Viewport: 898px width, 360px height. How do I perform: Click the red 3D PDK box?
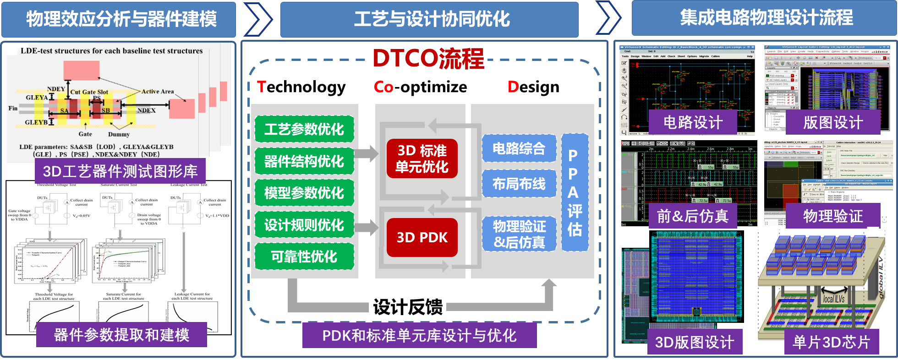(x=422, y=237)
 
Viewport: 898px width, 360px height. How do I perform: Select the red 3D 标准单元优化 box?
(x=422, y=158)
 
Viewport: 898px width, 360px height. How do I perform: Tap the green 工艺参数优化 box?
(x=304, y=129)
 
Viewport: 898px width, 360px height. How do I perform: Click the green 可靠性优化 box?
(x=304, y=256)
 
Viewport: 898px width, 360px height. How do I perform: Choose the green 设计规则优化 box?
(x=304, y=225)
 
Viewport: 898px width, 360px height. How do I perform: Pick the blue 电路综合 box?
(x=519, y=148)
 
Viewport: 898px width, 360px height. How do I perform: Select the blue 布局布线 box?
(x=519, y=184)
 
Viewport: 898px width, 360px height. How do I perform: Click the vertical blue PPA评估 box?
(x=575, y=192)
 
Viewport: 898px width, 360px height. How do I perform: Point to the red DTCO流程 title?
(x=428, y=59)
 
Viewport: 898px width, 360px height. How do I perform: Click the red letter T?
(x=261, y=87)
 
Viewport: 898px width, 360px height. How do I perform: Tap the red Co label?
(x=383, y=87)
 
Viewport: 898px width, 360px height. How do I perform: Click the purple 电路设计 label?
(x=693, y=123)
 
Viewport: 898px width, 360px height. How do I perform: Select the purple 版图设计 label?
(x=833, y=123)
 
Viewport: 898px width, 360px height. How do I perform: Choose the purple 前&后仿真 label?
(x=693, y=216)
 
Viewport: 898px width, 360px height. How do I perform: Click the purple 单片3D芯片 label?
(x=831, y=342)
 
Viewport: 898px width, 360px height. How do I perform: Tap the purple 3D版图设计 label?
(x=695, y=342)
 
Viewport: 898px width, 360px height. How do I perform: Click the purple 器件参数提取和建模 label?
(x=121, y=335)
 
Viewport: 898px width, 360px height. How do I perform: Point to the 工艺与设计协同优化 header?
(x=432, y=19)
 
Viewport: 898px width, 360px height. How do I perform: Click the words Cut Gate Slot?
(x=89, y=92)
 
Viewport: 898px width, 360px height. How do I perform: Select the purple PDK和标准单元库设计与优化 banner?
(x=419, y=336)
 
